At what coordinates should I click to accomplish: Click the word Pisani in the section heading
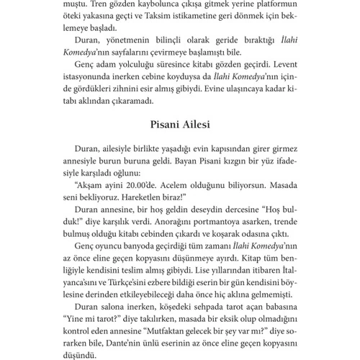(161, 125)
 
